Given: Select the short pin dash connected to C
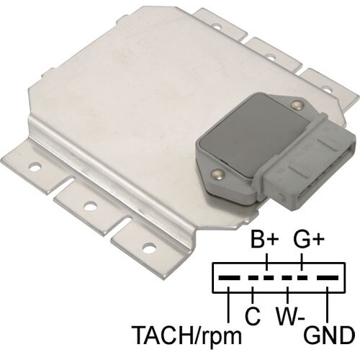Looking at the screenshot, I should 252,277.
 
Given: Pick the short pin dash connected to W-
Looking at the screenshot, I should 287,277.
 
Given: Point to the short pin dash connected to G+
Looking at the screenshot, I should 304,277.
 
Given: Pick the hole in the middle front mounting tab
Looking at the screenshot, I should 90,207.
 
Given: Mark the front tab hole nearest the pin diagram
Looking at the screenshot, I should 149,248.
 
